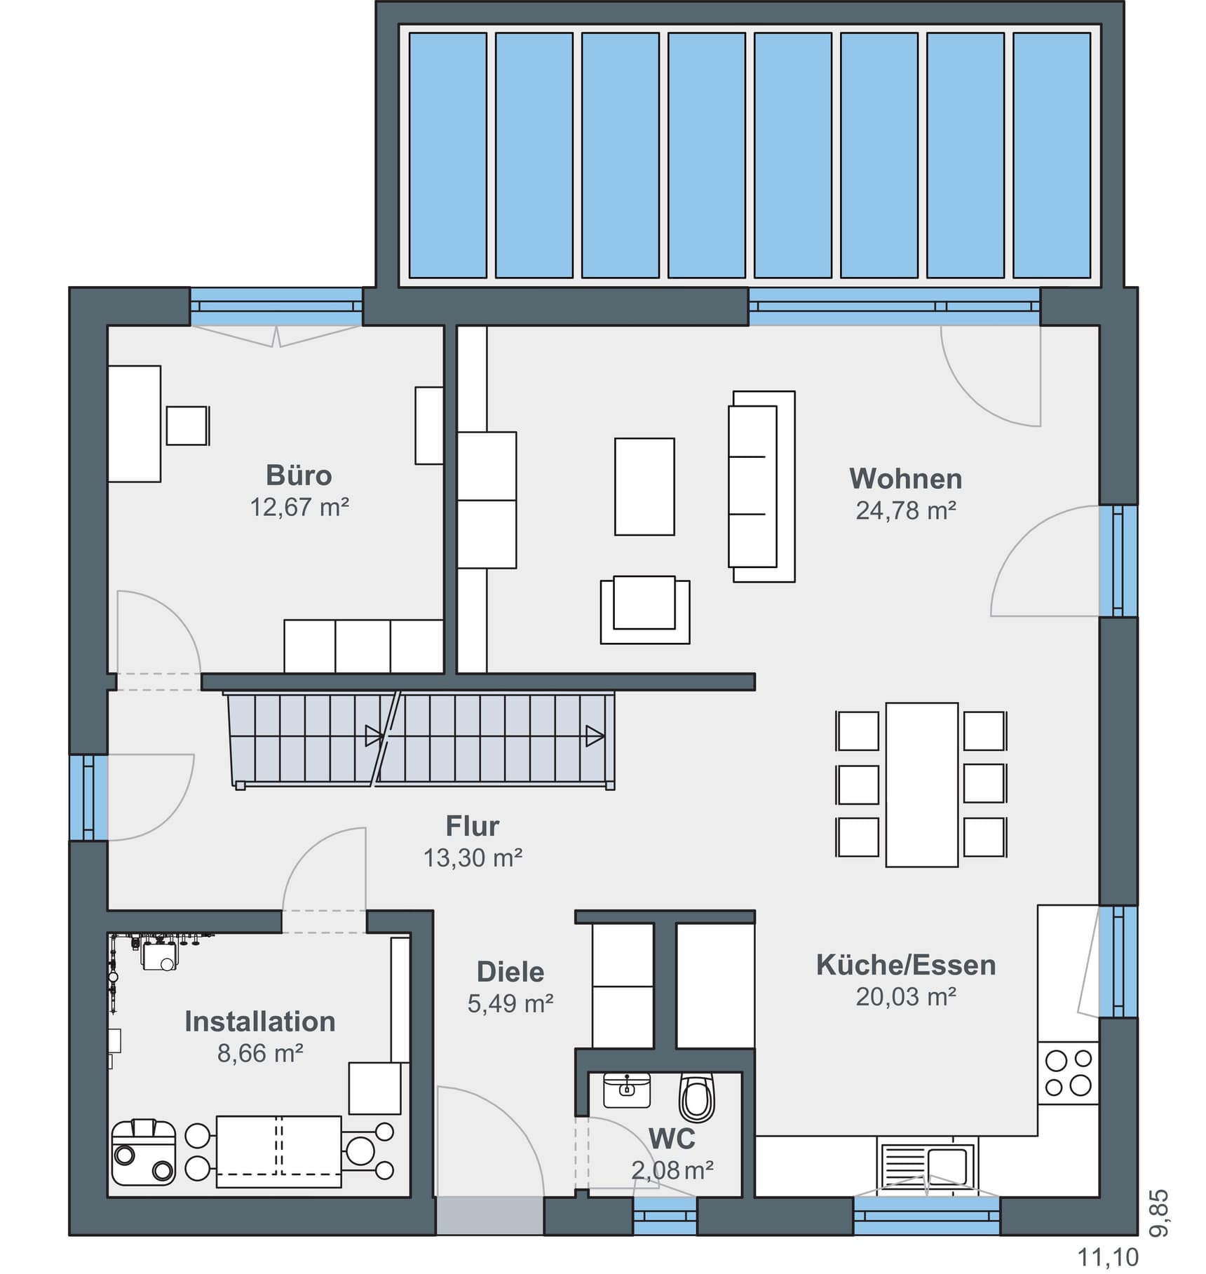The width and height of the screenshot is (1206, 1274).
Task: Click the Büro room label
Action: click(299, 475)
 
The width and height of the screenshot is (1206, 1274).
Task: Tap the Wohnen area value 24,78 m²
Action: click(906, 510)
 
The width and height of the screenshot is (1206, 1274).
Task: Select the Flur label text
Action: click(473, 826)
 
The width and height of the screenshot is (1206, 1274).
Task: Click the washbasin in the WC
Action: click(627, 1090)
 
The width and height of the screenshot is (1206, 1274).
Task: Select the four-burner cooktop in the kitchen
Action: click(1068, 1073)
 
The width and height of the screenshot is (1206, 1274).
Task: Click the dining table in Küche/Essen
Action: click(922, 785)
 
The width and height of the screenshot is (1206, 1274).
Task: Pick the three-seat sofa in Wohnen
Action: click(761, 487)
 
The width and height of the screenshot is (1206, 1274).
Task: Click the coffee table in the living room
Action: click(644, 487)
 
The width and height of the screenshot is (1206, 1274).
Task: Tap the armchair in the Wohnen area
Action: click(645, 609)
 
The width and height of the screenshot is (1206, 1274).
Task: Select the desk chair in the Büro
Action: click(187, 426)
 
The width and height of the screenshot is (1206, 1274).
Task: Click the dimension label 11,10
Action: click(1108, 1258)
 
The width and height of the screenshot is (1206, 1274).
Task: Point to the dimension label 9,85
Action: click(1159, 1213)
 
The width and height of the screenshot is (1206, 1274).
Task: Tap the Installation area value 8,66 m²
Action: click(260, 1053)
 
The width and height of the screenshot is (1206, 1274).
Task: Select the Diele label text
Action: click(510, 972)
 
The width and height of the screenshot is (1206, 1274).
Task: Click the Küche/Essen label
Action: click(906, 965)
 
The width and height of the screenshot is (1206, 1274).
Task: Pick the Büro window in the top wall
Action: click(276, 306)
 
